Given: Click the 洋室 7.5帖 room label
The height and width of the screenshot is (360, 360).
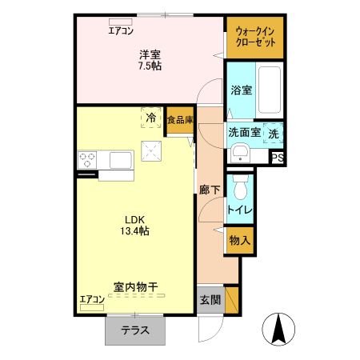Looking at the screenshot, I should point(150,61).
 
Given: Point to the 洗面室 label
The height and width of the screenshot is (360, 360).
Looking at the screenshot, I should point(244,133).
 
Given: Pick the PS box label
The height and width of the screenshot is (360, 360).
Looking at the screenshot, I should point(278,158).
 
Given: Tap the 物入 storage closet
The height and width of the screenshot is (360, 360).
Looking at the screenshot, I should point(239,240).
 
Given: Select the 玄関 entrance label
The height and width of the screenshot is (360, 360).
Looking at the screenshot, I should point(210,300).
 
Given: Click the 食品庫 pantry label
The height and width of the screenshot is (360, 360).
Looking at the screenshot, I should point(180,120).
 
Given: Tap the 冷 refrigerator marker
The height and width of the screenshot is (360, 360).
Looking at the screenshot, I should point(150,118).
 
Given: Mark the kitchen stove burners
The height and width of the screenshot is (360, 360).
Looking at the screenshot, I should point(86,158).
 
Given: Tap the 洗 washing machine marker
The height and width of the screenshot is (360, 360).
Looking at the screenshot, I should point(274,133).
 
